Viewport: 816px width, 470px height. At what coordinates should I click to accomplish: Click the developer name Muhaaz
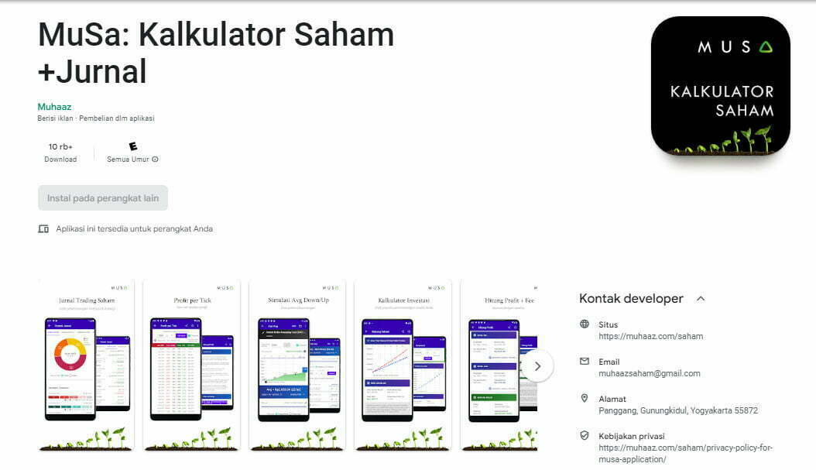point(54,107)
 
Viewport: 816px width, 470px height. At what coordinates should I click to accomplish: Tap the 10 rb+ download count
point(60,146)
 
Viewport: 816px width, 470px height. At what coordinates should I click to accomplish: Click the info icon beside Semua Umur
point(155,160)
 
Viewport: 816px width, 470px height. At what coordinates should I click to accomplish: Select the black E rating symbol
point(133,146)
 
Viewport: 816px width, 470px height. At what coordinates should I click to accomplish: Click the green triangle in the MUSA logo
point(766,47)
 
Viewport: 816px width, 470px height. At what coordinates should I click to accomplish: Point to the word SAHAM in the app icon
point(745,111)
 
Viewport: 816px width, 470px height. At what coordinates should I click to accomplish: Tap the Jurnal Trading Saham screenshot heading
point(87,300)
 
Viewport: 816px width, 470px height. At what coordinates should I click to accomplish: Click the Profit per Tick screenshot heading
point(193,300)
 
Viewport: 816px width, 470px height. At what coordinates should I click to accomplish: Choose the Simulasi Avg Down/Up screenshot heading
point(298,300)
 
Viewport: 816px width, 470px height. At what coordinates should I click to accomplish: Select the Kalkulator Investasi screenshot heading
point(403,300)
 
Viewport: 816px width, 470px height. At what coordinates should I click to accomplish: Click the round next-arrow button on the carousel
point(537,366)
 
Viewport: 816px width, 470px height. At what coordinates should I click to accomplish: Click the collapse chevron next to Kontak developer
point(701,298)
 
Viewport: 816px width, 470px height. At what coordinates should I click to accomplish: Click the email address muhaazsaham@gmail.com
point(649,373)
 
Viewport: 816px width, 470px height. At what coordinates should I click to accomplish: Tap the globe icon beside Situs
point(585,324)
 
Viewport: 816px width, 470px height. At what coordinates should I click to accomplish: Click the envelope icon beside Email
point(585,362)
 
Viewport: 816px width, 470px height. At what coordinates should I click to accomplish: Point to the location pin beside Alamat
point(585,398)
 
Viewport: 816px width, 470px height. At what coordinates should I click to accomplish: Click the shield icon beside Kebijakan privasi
point(585,435)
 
